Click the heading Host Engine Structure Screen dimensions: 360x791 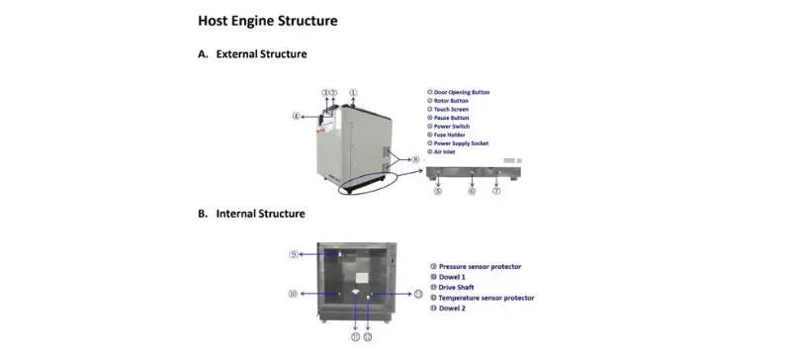pyautogui.click(x=267, y=20)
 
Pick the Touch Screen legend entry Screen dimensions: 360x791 pyautogui.click(x=452, y=109)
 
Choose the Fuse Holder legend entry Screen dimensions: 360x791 pyautogui.click(x=452, y=135)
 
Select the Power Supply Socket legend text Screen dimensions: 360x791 pyautogui.click(x=461, y=143)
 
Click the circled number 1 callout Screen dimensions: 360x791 pyautogui.click(x=353, y=92)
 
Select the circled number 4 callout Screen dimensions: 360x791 pyautogui.click(x=296, y=116)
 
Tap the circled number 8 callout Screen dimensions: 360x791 pyautogui.click(x=415, y=159)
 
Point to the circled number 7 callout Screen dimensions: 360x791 pyautogui.click(x=496, y=190)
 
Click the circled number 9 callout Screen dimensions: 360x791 pyautogui.click(x=294, y=254)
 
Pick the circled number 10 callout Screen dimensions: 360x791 pyautogui.click(x=293, y=294)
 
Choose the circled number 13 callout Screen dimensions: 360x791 pyautogui.click(x=417, y=294)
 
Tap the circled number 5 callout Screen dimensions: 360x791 pyautogui.click(x=438, y=190)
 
